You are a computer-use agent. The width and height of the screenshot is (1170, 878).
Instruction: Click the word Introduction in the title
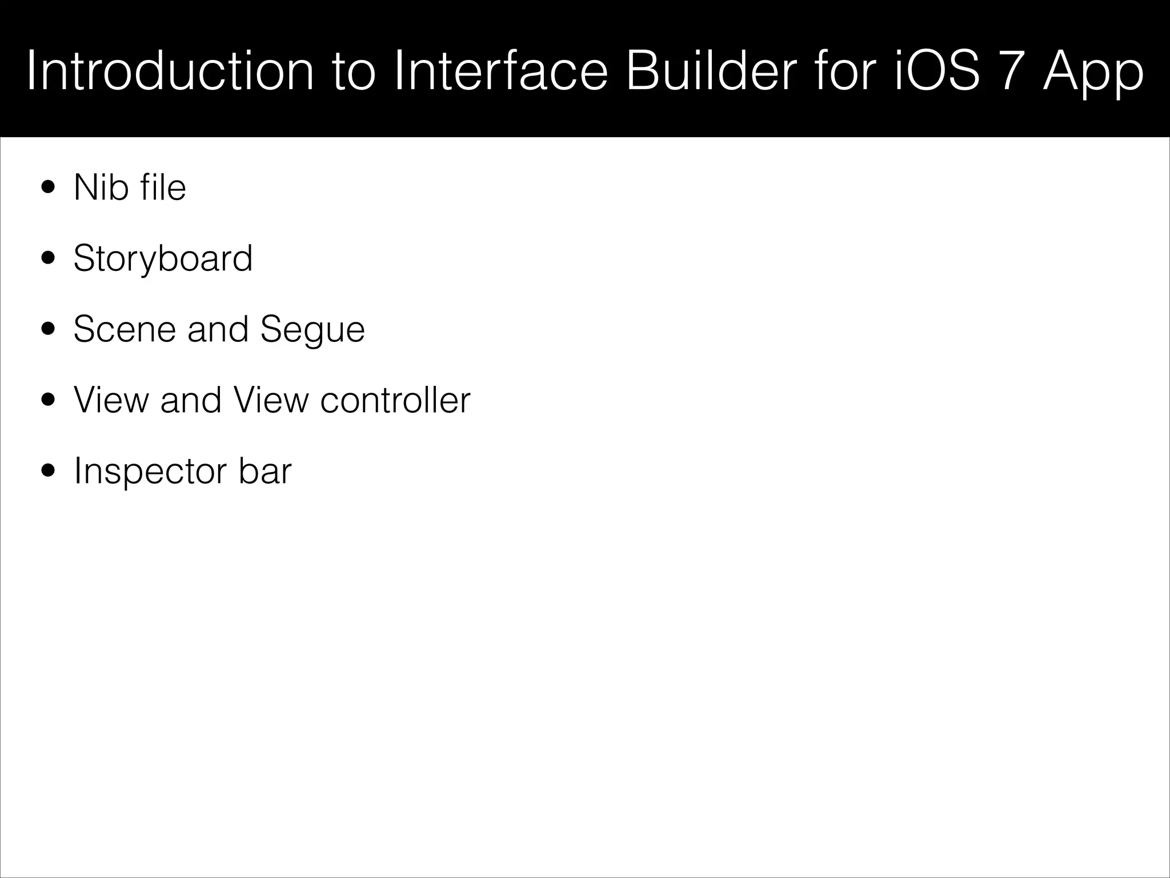click(x=170, y=71)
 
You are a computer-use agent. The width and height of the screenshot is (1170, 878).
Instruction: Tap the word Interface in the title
click(x=500, y=71)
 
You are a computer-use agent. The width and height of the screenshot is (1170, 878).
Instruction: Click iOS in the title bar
click(x=937, y=71)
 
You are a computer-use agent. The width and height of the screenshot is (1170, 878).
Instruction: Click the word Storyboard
click(x=163, y=259)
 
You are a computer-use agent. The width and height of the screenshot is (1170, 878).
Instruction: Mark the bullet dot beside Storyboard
click(x=49, y=258)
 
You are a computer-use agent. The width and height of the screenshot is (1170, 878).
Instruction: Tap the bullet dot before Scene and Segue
click(x=49, y=329)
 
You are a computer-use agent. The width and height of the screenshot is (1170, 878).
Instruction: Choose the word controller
click(x=395, y=400)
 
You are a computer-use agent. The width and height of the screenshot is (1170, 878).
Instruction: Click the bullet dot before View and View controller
click(x=49, y=400)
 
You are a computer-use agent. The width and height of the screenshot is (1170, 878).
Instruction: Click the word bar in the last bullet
click(x=265, y=471)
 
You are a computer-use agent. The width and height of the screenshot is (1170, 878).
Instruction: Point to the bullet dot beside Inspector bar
click(x=49, y=471)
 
